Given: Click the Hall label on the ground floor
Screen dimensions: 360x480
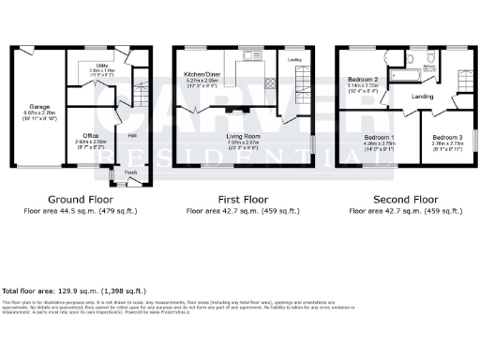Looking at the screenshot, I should (132, 136).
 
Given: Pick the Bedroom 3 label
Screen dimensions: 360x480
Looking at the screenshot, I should (443, 138).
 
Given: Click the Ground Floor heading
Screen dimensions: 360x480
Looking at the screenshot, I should (80, 200).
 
